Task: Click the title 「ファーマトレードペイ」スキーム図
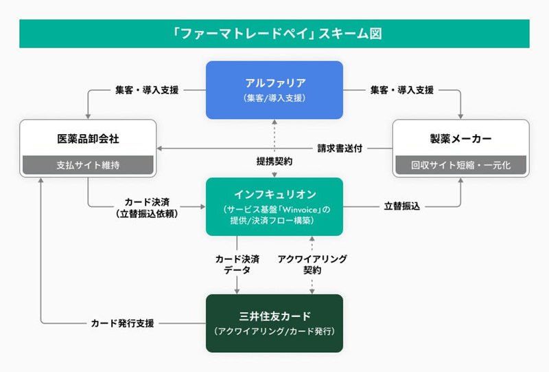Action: pyautogui.click(x=277, y=34)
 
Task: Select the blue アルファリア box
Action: pyautogui.click(x=274, y=90)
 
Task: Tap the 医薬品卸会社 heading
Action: pyautogui.click(x=89, y=139)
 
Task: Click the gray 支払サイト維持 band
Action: pyautogui.click(x=88, y=165)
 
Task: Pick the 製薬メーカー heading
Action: pyautogui.click(x=460, y=139)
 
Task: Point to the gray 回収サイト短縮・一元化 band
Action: pyautogui.click(x=460, y=165)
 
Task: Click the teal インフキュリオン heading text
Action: pyautogui.click(x=275, y=194)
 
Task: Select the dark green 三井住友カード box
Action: pyautogui.click(x=274, y=323)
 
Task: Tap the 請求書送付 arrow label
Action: pyautogui.click(x=340, y=149)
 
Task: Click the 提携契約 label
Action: pyautogui.click(x=274, y=162)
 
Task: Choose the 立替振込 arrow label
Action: pyautogui.click(x=401, y=206)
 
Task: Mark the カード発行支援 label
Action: pyautogui.click(x=122, y=323)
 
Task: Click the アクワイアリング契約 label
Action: pyautogui.click(x=312, y=265)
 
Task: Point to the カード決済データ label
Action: pyautogui.click(x=237, y=265)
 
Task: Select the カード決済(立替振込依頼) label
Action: pyautogui.click(x=147, y=208)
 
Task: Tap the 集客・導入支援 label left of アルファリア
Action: pyautogui.click(x=147, y=90)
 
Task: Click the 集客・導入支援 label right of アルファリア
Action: pyautogui.click(x=402, y=90)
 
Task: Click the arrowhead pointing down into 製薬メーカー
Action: pyautogui.click(x=460, y=116)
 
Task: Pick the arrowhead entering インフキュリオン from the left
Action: pyautogui.click(x=203, y=207)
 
